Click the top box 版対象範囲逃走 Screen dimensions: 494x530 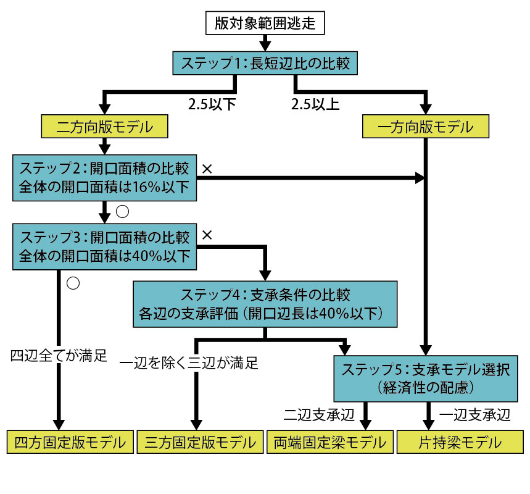[x=265, y=23]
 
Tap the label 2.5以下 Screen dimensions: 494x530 [x=212, y=103]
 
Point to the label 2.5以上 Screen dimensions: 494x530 [x=315, y=103]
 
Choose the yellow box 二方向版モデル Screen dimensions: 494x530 [x=104, y=127]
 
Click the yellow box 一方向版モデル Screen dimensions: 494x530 [x=425, y=127]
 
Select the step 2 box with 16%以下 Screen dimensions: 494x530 [x=104, y=177]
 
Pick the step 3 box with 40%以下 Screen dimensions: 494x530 [x=104, y=246]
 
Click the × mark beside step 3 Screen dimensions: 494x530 [x=207, y=235]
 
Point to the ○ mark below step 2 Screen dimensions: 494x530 [x=122, y=211]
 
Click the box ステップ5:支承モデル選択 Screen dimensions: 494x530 [x=425, y=379]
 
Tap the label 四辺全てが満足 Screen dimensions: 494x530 [x=59, y=356]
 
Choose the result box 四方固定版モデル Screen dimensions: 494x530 [x=70, y=442]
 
